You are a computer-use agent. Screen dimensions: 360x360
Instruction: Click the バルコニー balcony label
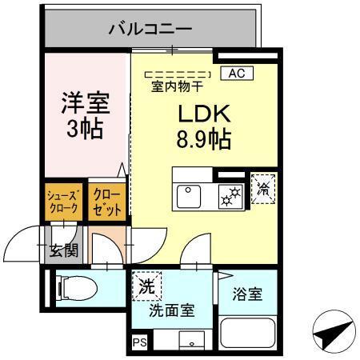pos(150,30)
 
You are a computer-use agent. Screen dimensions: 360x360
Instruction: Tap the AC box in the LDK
pos(236,74)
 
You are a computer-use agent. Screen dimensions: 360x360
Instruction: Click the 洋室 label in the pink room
pos(85,103)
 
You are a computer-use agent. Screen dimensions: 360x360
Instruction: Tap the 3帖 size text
pos(85,129)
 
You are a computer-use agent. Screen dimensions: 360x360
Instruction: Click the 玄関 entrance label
pos(62,250)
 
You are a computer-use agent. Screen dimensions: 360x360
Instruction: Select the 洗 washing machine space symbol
pos(147,285)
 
